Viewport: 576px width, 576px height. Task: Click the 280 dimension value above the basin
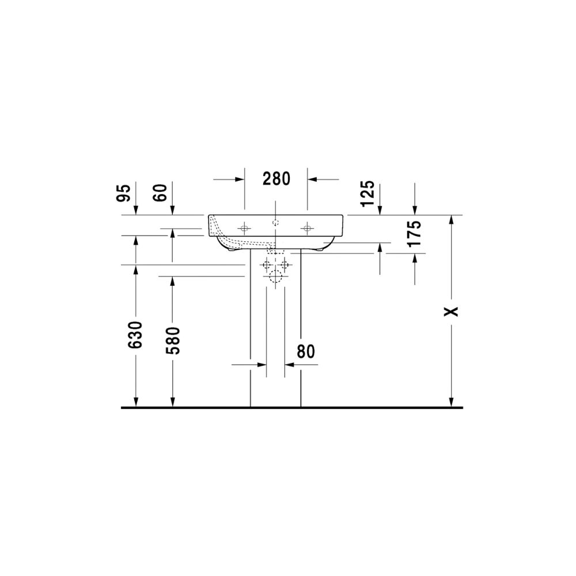click(x=276, y=179)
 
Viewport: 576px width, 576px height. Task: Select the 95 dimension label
click(x=123, y=193)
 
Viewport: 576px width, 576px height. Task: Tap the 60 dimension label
click(x=160, y=193)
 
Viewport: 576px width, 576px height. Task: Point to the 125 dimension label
click(x=367, y=193)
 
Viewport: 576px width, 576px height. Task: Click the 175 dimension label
click(x=414, y=234)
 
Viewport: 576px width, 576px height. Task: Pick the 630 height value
click(x=135, y=335)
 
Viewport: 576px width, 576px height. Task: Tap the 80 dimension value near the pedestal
click(x=306, y=351)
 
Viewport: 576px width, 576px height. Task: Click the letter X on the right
click(x=452, y=312)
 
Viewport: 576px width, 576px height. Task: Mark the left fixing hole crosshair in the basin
click(x=244, y=229)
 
